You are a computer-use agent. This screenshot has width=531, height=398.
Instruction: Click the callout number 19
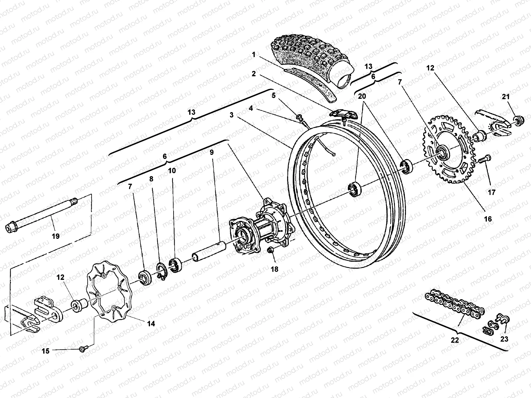coord(55,236)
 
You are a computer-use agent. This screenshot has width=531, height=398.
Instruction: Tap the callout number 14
coord(151,324)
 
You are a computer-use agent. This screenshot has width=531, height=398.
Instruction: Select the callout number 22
coord(455,340)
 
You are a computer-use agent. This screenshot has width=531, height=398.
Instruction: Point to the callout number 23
coord(504,339)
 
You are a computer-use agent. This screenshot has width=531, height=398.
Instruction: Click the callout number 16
coord(488,219)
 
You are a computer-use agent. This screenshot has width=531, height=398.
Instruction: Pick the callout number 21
coord(505,97)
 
